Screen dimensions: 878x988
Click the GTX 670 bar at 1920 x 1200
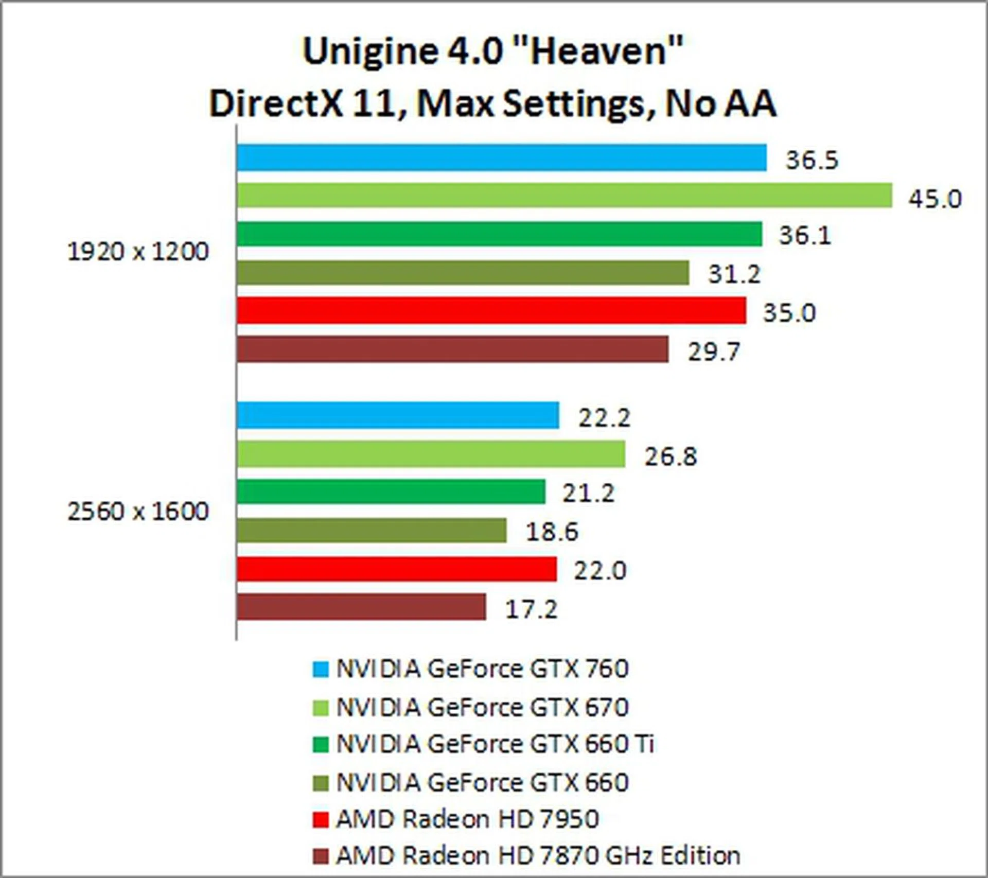(564, 196)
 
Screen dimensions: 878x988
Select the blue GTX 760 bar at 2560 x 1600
(398, 415)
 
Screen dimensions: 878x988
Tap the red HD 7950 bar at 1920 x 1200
(491, 310)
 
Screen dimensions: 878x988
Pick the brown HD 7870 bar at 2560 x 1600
(361, 607)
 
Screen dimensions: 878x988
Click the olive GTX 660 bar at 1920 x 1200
(463, 272)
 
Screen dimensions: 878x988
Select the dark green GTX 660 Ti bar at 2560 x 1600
(391, 491)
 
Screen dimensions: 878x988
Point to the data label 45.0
(934, 199)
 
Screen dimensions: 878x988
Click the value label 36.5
(811, 160)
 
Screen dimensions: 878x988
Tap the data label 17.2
(531, 609)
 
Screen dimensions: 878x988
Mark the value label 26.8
(671, 456)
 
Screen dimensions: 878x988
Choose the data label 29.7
(714, 352)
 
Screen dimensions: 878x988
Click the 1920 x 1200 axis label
(138, 252)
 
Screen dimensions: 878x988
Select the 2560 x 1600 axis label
(138, 512)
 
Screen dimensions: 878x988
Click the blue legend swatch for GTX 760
(320, 669)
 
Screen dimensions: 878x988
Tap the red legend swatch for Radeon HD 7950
(320, 820)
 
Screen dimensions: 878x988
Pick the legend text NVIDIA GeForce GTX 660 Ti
(495, 744)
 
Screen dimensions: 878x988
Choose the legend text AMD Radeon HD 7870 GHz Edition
(538, 856)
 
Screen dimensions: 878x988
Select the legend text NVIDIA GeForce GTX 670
(482, 707)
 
